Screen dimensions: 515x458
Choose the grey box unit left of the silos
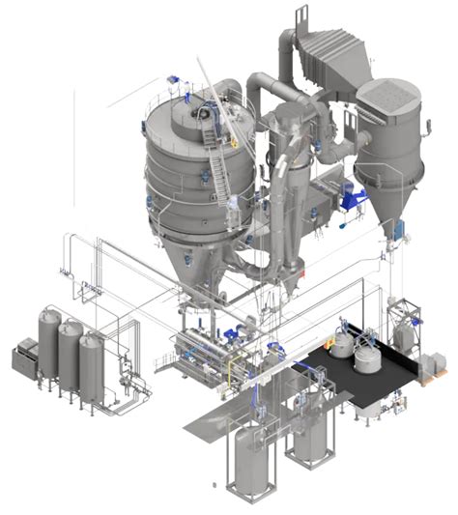[x=23, y=358]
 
